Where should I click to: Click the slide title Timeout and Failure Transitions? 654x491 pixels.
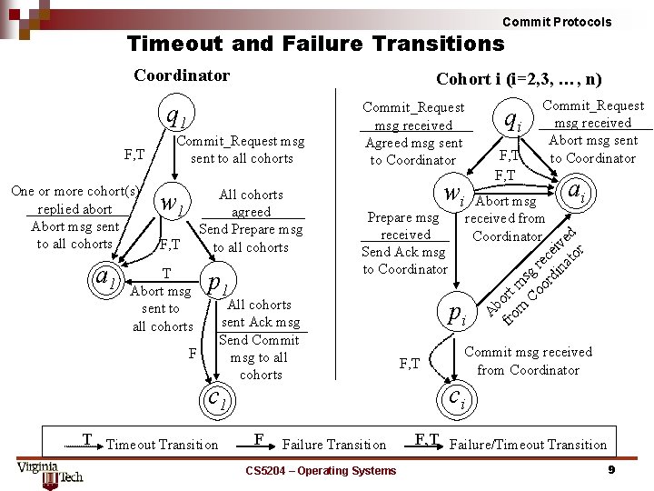[315, 43]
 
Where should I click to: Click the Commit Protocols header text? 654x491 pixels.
[557, 22]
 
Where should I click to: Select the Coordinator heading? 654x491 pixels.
[182, 75]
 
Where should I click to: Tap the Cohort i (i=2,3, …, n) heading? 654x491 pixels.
[519, 80]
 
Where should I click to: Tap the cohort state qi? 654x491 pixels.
[513, 118]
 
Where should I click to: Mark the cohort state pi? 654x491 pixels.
[457, 314]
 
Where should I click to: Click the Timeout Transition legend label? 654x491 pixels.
[162, 445]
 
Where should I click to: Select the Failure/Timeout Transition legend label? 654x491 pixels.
[528, 445]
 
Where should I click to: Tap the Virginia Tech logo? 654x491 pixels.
[49, 472]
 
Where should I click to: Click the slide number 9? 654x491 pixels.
[611, 469]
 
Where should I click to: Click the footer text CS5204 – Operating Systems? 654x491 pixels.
[322, 470]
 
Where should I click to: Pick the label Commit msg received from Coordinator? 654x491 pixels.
[527, 361]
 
